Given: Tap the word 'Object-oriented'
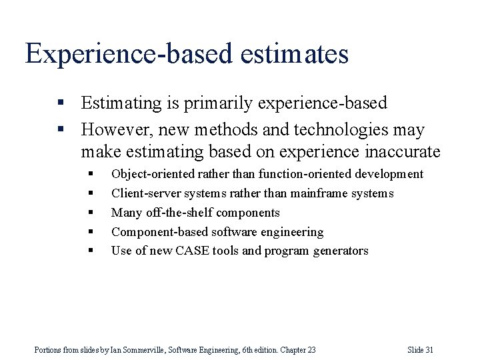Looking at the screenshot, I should click(x=153, y=174).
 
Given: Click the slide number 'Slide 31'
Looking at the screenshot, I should click(x=420, y=350).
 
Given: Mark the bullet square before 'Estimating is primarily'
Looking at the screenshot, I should click(x=61, y=104).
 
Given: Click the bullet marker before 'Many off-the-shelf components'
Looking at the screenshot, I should click(x=91, y=213).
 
